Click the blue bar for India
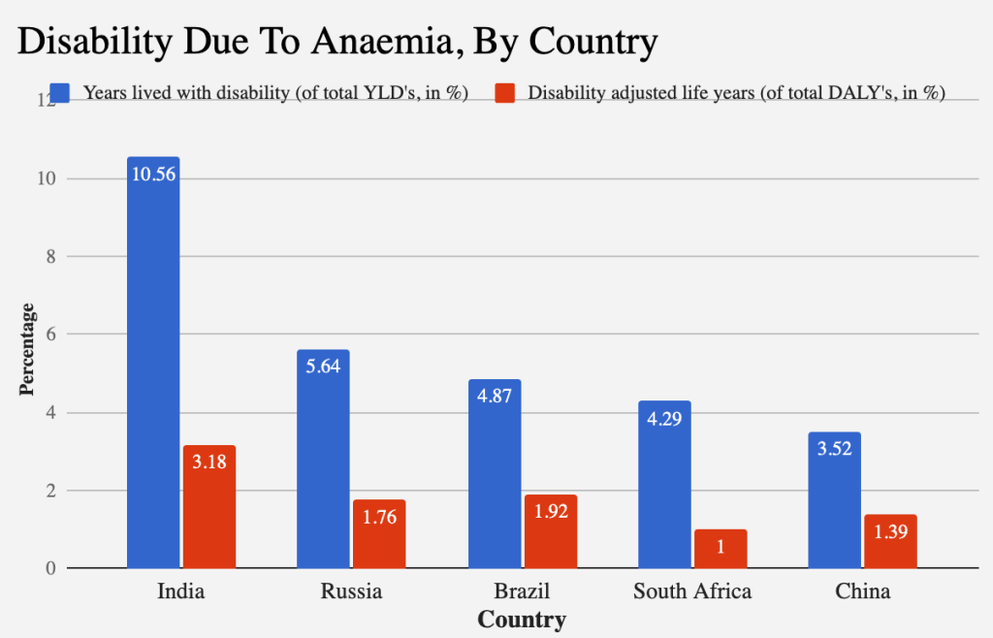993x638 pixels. (153, 368)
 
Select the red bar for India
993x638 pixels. (209, 509)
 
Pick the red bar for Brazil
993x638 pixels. (551, 533)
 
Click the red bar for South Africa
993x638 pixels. (721, 550)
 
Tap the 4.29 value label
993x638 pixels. (664, 419)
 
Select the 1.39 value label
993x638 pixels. (890, 532)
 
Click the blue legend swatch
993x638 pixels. (60, 93)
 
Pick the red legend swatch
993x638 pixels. (504, 93)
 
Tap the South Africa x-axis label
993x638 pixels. (692, 591)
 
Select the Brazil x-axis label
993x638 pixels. (522, 591)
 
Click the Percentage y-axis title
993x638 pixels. (27, 349)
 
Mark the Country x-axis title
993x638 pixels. (522, 619)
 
